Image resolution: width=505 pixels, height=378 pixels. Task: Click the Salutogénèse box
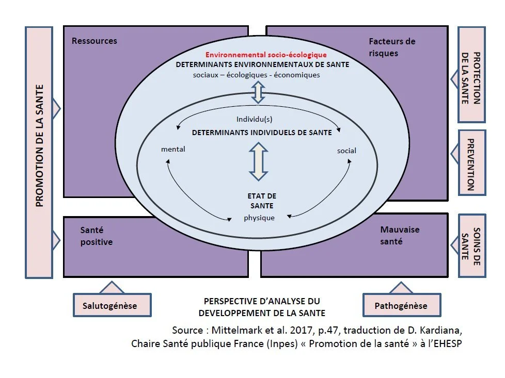[x=110, y=305]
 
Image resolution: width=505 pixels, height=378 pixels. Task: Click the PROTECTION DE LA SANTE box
[x=470, y=75]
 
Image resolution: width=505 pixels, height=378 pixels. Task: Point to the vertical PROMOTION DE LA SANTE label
[x=39, y=152]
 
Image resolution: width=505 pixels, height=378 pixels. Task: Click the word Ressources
[x=94, y=41]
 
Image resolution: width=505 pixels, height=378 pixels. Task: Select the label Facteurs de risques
[x=392, y=47]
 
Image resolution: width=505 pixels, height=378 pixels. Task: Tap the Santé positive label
[x=96, y=236]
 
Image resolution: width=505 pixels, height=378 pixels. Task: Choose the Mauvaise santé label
[x=400, y=235]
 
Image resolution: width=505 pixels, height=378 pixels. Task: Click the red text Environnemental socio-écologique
[x=266, y=55]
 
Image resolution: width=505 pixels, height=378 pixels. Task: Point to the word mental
[x=173, y=150]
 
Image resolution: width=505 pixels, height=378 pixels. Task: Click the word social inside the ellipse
[x=346, y=151]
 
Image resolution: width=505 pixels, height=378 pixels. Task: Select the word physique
[x=259, y=218]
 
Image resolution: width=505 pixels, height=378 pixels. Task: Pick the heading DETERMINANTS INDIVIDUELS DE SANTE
[x=261, y=133]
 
